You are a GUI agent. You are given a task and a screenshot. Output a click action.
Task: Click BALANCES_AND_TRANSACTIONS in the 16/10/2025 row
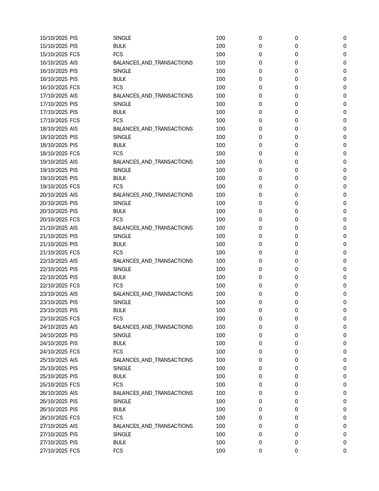153,63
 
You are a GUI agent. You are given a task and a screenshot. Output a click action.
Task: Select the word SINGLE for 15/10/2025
122,38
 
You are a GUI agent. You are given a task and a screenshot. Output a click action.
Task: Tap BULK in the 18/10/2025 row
119,145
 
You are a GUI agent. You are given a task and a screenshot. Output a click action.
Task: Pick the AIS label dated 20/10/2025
74,195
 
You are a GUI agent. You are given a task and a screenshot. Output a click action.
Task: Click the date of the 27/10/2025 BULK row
54,442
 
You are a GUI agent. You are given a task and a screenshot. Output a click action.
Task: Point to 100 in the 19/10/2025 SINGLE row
220,170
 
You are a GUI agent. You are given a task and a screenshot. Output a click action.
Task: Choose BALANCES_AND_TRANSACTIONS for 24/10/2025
153,327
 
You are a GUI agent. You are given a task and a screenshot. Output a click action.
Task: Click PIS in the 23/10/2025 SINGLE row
74,302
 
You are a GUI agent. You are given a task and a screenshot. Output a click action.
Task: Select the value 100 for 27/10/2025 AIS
220,426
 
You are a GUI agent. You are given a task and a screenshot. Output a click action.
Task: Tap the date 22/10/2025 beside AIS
54,261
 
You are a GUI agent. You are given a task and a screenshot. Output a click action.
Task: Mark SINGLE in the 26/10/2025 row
122,401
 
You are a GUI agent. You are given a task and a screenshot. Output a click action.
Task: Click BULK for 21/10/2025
119,244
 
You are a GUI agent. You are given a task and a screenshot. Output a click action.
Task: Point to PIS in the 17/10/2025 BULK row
74,112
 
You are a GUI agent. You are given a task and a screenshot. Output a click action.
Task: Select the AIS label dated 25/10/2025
74,360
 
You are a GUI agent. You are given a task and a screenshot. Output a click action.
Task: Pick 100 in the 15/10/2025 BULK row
220,46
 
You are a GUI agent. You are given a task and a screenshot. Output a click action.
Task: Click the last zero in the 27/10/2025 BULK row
345,442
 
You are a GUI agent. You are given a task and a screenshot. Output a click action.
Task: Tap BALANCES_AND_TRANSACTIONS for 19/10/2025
153,162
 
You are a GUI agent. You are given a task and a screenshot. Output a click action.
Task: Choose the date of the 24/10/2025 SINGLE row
54,335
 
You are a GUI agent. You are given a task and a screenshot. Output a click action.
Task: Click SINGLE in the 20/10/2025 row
122,203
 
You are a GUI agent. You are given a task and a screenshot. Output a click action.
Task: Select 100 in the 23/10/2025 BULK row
220,310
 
